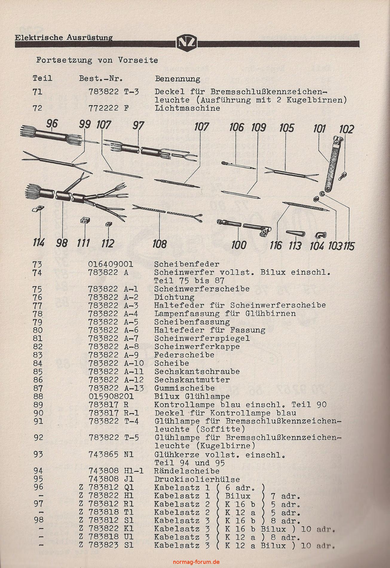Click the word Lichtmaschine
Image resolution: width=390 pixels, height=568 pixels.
[187, 108]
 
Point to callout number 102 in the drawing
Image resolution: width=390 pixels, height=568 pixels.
[346, 129]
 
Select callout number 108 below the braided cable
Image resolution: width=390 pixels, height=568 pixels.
[159, 244]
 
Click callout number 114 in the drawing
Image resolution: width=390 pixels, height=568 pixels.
[39, 243]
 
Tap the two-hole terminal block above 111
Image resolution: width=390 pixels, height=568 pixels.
[85, 221]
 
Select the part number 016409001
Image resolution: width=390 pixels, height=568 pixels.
[111, 264]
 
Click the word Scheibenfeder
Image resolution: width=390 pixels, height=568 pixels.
[187, 264]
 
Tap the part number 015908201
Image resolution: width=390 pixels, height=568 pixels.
[111, 397]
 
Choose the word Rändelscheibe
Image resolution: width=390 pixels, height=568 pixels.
[187, 471]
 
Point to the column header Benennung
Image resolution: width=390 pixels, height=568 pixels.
[178, 79]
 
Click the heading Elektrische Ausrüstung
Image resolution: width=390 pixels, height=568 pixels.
[64, 38]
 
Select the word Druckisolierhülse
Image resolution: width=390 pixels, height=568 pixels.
[197, 480]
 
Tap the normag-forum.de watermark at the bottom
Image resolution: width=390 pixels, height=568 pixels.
[196, 562]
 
